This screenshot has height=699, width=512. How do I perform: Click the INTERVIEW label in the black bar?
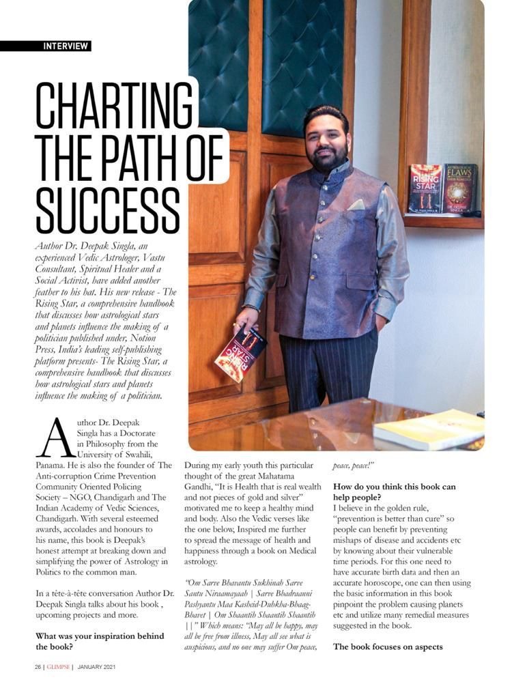click(66, 46)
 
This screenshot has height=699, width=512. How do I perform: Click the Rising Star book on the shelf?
click(425, 190)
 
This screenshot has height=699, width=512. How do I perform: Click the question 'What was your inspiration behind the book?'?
click(100, 641)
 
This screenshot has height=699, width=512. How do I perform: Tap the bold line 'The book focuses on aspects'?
click(388, 646)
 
